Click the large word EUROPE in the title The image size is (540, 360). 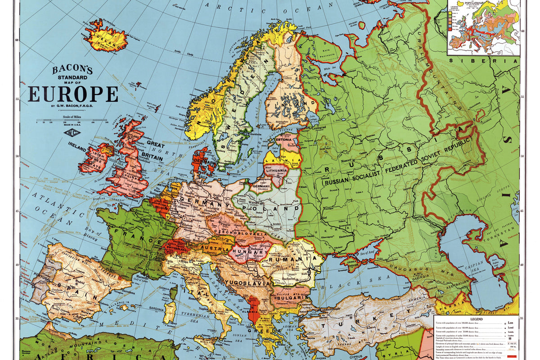(73, 94)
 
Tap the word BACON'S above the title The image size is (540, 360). (72, 70)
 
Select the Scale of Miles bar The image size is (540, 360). (72, 121)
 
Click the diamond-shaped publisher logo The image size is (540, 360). (72, 132)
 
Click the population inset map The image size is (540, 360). (484, 27)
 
